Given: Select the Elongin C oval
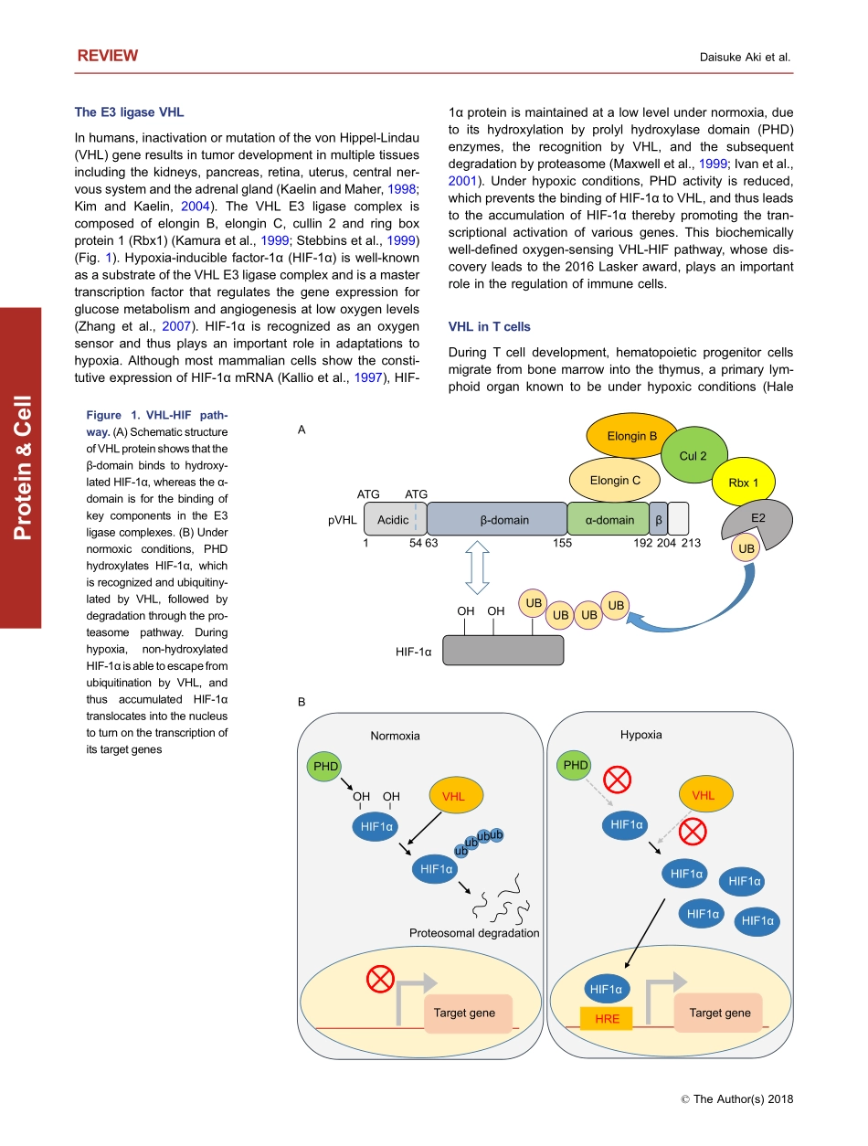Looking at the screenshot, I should pos(615,481).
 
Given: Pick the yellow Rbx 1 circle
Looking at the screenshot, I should pos(743,483).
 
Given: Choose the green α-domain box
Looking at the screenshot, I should pos(609,520).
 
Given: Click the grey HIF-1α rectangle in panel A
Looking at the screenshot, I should pos(503,650).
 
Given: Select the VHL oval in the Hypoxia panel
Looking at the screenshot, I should pos(703,796).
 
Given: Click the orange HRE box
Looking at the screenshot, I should pos(607,1017).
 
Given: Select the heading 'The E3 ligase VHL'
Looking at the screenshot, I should pos(129,112).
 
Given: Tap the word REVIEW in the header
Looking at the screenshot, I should pos(108,56).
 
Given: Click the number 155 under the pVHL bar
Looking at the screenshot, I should pos(563,543).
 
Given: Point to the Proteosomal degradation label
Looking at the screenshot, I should pos(474,933).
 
